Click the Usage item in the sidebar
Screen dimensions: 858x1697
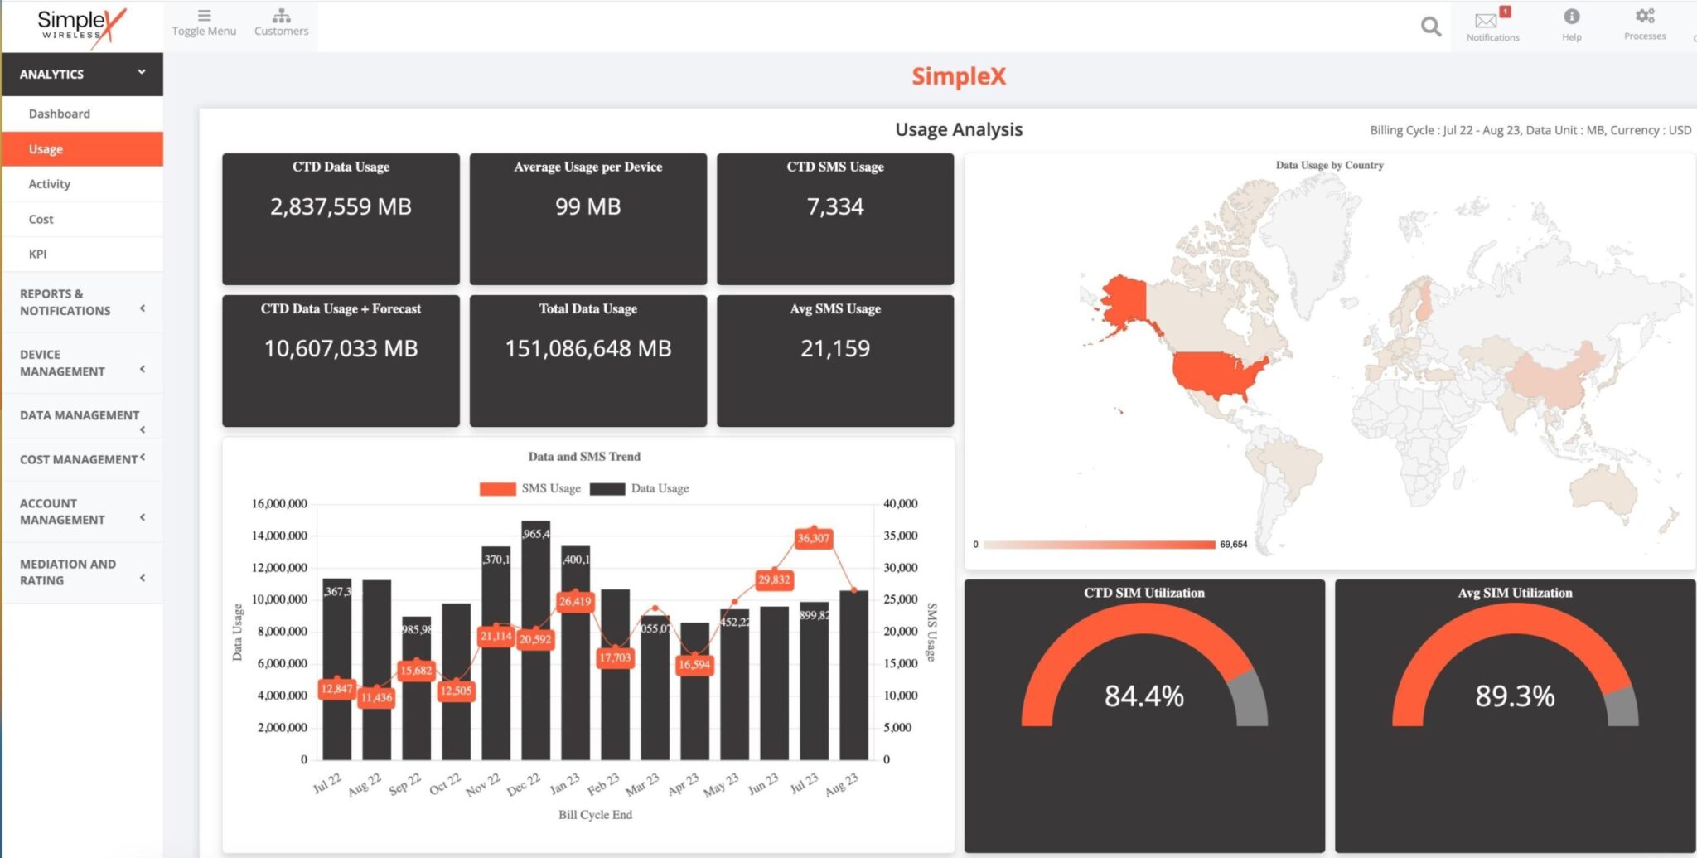46,149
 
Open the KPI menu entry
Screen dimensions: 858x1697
37,254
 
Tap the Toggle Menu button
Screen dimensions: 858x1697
204,22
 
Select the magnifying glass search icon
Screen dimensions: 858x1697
1430,27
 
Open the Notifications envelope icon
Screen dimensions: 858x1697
1487,21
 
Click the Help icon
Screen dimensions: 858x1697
1571,17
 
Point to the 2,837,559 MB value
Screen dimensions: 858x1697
341,206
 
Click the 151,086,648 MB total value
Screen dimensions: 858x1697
587,348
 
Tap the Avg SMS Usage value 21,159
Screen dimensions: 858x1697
834,348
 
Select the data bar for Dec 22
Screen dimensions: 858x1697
535,647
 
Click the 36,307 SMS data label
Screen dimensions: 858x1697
813,538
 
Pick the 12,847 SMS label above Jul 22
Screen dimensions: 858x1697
336,688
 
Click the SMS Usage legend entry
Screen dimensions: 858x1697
530,488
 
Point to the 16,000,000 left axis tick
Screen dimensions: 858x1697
279,503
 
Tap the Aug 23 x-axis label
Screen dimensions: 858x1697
842,784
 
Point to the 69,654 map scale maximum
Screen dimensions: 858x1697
1233,545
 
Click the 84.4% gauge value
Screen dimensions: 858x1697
1143,696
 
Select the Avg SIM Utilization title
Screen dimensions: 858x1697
1515,593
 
